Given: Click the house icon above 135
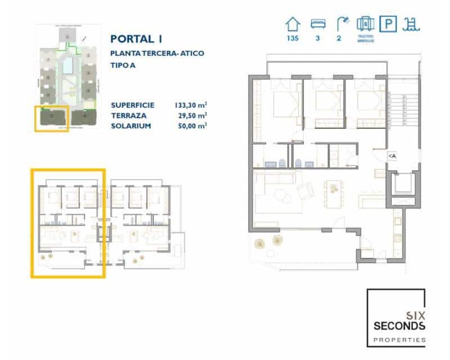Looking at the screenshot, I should click(292, 24).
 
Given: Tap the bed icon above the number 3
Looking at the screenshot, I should click(318, 24).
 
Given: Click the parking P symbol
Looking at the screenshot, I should click(388, 24).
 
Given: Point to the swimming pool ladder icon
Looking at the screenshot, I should click(412, 24).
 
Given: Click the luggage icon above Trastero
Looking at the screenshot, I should click(365, 24).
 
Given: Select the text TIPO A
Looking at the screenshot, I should click(123, 65).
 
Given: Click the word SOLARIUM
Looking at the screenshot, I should click(131, 125).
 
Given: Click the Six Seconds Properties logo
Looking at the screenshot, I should click(396, 318).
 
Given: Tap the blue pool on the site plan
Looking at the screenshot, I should click(67, 66).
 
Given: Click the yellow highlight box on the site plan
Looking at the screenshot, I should click(52, 119).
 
